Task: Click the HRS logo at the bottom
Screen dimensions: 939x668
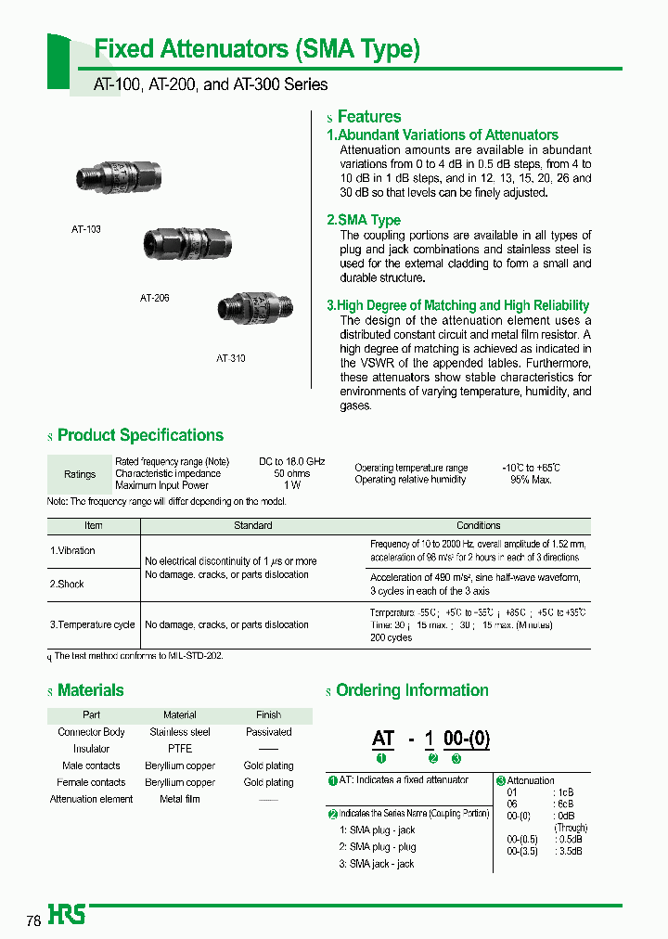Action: (67, 915)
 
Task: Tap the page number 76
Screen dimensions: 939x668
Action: (33, 921)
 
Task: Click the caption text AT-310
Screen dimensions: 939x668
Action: (231, 358)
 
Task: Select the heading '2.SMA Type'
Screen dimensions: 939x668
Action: (364, 220)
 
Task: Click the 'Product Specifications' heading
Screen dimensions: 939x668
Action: (140, 435)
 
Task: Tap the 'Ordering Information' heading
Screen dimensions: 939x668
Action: (412, 690)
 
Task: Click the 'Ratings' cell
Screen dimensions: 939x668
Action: (80, 474)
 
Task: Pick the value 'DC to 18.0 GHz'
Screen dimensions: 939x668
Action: (291, 461)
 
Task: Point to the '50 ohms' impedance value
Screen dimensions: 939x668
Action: (291, 473)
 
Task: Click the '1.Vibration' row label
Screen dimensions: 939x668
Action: (72, 550)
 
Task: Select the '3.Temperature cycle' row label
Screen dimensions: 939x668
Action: (92, 624)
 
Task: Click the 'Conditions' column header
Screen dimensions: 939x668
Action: (478, 525)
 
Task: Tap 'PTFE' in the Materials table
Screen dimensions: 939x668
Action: (180, 749)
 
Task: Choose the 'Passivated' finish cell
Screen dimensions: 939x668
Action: (268, 732)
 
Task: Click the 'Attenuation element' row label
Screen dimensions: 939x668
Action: (91, 799)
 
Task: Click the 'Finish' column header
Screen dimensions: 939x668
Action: (268, 715)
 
